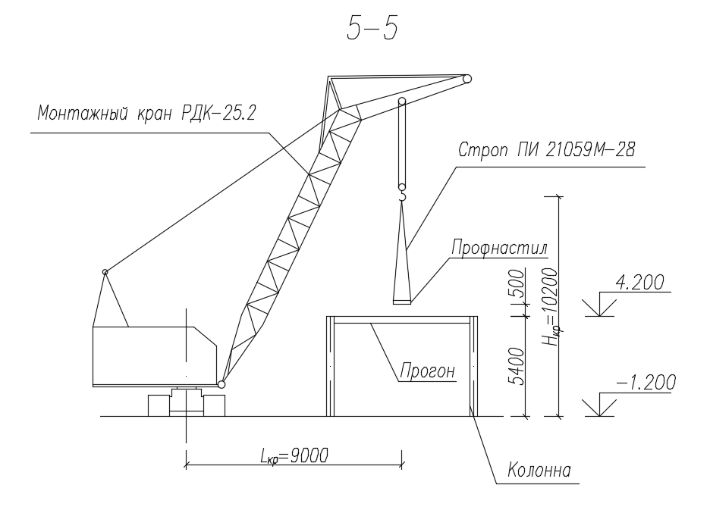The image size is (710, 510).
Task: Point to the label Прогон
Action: point(427,371)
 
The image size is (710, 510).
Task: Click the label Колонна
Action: point(539,472)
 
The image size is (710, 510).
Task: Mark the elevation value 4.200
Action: point(639,283)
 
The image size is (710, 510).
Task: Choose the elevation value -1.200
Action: point(646,383)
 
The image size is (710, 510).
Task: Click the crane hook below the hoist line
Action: point(402,196)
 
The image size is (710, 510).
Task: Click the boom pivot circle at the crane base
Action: point(221,384)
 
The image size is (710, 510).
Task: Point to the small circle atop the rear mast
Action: point(105,271)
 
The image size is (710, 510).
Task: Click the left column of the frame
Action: point(331,366)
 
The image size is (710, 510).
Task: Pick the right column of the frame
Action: point(473,366)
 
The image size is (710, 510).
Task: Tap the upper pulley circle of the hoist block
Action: point(402,101)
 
